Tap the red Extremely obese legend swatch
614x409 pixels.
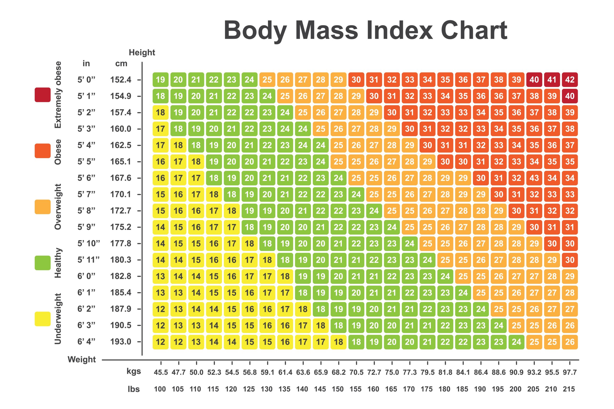(42, 95)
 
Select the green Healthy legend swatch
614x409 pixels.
(42, 263)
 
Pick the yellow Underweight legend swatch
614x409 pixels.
(42, 319)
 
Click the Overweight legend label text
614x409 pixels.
(58, 207)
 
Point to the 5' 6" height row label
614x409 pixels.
(86, 178)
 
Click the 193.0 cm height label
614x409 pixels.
(121, 341)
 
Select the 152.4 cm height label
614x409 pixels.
(121, 80)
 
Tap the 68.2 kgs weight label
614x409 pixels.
(338, 372)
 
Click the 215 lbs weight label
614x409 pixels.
(569, 389)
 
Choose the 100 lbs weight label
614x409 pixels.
(160, 389)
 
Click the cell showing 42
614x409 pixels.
(570, 80)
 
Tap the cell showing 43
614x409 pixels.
(534, 178)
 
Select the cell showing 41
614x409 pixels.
(552, 80)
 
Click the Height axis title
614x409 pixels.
(142, 53)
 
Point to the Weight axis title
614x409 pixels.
(82, 359)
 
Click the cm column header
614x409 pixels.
(121, 63)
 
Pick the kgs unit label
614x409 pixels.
(134, 371)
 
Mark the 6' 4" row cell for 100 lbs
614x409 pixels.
(160, 342)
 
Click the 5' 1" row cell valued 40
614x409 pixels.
(570, 96)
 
